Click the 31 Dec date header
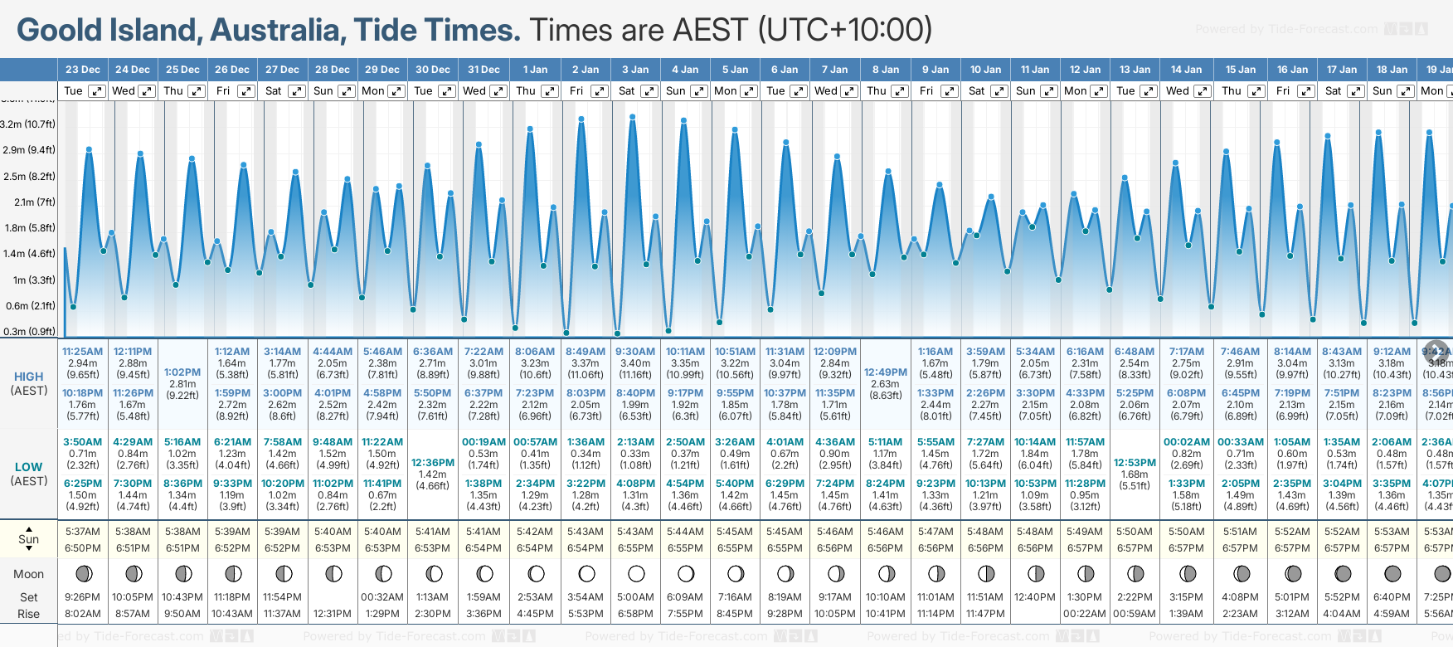coord(484,70)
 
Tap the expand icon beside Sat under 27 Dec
coord(296,91)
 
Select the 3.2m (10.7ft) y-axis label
coord(28,124)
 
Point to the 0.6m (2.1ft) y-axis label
coord(30,305)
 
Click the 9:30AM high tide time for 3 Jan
coord(635,352)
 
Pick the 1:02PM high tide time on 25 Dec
coord(182,372)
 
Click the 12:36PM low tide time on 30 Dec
coord(433,463)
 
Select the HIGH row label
coord(29,377)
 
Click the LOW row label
coord(29,467)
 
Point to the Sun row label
coord(29,539)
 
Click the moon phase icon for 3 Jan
coord(636,573)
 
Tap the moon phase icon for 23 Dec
coord(83,573)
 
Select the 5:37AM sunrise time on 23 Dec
coord(83,532)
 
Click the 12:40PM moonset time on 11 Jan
coord(1035,597)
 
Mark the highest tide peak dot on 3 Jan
coord(633,117)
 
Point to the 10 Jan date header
coord(985,70)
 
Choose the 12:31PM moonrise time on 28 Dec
coord(333,614)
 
